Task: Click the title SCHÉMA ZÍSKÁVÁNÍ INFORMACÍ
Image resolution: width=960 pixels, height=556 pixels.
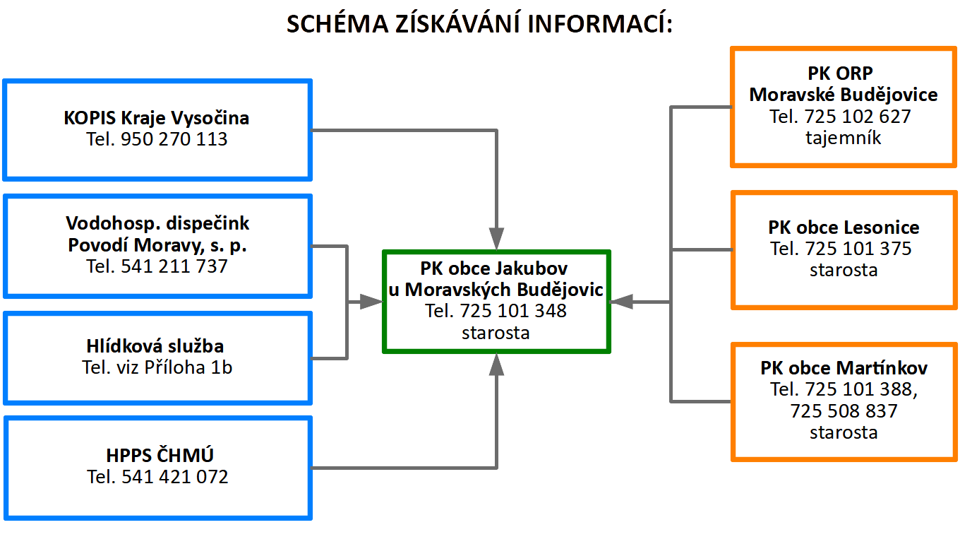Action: click(479, 23)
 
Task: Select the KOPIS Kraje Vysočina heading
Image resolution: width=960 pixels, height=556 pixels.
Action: click(157, 118)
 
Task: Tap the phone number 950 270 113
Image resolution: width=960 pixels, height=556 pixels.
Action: click(174, 139)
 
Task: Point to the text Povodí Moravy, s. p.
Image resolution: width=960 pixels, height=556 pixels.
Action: click(157, 245)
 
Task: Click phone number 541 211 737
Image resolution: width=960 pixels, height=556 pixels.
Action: click(174, 266)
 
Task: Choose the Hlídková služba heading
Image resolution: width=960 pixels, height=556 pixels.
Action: click(155, 345)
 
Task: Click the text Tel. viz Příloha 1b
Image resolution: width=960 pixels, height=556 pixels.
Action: click(157, 367)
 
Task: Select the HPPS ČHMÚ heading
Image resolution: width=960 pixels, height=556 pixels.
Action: click(160, 455)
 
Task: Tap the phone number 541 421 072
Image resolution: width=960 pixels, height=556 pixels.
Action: click(175, 477)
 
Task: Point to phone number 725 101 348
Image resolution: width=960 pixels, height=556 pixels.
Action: click(513, 311)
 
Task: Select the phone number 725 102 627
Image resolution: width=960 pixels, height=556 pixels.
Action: click(858, 117)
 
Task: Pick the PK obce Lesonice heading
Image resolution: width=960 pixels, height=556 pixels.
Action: click(844, 227)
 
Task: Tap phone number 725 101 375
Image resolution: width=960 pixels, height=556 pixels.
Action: click(858, 249)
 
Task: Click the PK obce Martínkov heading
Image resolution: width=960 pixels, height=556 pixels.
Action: click(844, 368)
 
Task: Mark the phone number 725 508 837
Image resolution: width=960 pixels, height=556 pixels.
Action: click(844, 411)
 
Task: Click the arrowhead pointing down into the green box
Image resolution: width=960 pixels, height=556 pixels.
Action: click(496, 239)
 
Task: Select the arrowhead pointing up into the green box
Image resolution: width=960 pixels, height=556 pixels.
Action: click(496, 365)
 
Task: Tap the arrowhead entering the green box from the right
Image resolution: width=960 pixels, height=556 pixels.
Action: click(621, 302)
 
